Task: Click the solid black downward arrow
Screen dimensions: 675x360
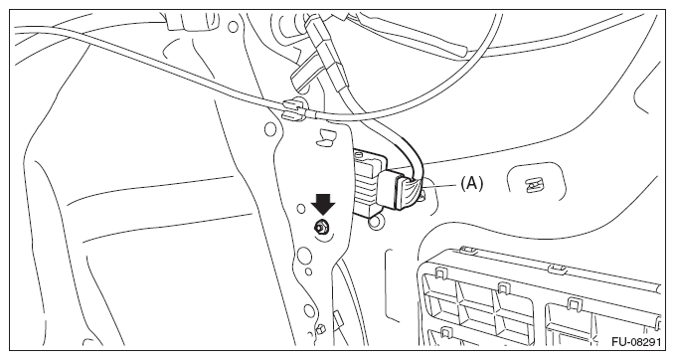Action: click(x=323, y=204)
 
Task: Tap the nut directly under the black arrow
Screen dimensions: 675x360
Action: click(x=320, y=226)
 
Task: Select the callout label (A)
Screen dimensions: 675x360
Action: click(x=472, y=184)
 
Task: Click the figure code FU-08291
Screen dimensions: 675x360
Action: click(x=636, y=342)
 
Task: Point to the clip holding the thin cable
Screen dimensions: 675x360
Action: click(x=293, y=108)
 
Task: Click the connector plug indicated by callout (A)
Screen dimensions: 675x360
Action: click(x=400, y=189)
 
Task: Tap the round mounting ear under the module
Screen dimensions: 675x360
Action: click(x=375, y=222)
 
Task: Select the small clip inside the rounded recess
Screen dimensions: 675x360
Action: click(x=533, y=186)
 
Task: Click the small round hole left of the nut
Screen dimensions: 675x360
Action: click(x=301, y=209)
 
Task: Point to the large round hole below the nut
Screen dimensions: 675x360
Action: click(x=303, y=255)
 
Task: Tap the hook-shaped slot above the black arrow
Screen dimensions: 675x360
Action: click(x=325, y=137)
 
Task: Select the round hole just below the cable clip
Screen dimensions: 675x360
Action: click(x=270, y=128)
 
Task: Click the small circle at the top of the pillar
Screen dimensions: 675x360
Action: click(x=233, y=27)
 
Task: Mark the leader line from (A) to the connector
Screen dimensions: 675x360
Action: click(x=440, y=186)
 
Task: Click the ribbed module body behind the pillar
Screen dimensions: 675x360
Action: click(x=368, y=182)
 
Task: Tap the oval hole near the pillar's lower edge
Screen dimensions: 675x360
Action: click(x=308, y=311)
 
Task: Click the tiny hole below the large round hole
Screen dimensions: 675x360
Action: click(x=308, y=271)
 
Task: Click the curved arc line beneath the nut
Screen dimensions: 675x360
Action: click(x=326, y=236)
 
